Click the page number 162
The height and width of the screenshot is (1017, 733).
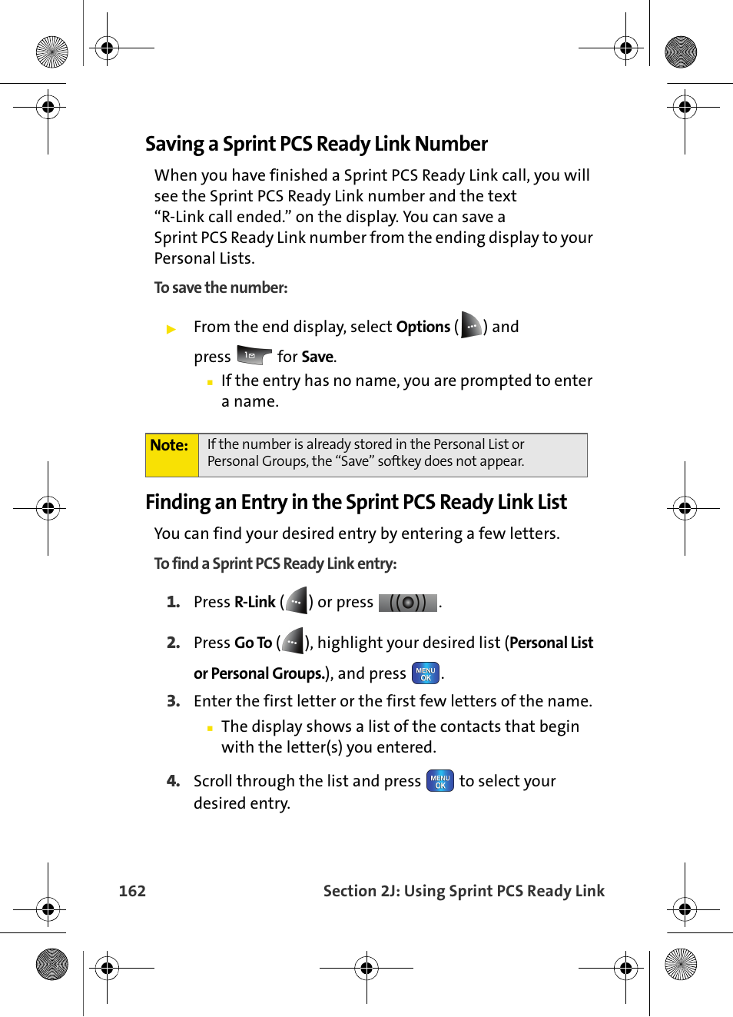point(132,891)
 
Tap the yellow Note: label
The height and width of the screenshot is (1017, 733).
point(169,446)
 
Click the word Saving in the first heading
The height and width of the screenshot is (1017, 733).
point(174,145)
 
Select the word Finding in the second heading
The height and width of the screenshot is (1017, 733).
point(177,503)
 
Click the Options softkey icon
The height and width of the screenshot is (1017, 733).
point(471,326)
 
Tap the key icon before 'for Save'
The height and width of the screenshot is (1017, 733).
point(254,355)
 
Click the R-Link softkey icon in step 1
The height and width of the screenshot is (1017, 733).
point(297,601)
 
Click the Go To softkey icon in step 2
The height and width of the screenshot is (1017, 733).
point(293,642)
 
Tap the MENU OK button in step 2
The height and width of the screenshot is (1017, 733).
point(426,673)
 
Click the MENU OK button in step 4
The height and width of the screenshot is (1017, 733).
point(440,781)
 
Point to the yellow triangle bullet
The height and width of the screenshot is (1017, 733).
point(171,329)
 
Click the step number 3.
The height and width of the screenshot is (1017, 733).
point(173,701)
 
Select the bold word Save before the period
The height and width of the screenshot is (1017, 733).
point(317,357)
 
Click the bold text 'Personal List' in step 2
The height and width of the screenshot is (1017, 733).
point(552,643)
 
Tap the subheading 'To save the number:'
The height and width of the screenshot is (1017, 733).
point(221,287)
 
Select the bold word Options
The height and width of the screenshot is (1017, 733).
point(423,327)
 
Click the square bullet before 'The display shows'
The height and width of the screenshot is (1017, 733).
point(210,728)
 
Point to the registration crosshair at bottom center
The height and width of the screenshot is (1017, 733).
point(366,968)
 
